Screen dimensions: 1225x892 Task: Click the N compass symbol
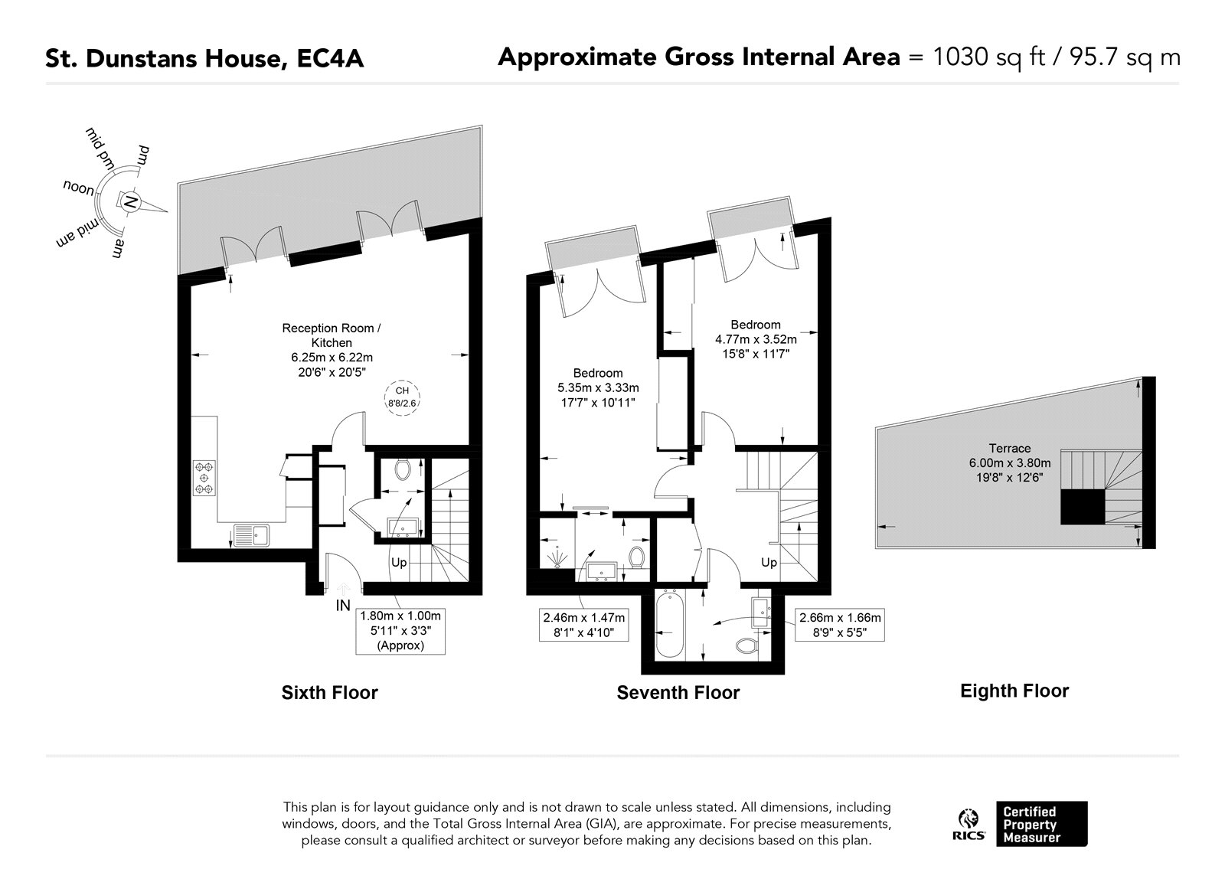130,202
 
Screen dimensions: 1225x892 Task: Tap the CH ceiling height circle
402,397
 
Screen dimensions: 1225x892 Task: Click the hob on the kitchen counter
204,478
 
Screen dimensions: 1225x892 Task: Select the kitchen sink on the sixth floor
252,535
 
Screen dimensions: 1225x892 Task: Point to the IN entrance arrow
344,590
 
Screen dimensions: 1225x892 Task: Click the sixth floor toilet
403,469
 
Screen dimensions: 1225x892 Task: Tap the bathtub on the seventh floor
669,624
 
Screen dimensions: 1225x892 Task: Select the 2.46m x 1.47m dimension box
583,625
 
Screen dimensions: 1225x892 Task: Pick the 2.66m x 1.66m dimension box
840,625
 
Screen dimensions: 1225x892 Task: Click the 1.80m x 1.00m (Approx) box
400,631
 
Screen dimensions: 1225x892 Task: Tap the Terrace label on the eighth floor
1010,448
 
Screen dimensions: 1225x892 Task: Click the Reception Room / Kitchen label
332,335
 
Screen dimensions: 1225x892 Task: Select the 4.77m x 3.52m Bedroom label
756,339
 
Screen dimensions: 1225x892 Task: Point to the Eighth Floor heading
1014,691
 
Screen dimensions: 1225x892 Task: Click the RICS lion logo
969,824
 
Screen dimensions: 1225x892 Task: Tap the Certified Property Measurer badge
1042,824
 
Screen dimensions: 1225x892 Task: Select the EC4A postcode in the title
330,58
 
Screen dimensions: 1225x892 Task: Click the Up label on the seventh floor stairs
769,563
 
